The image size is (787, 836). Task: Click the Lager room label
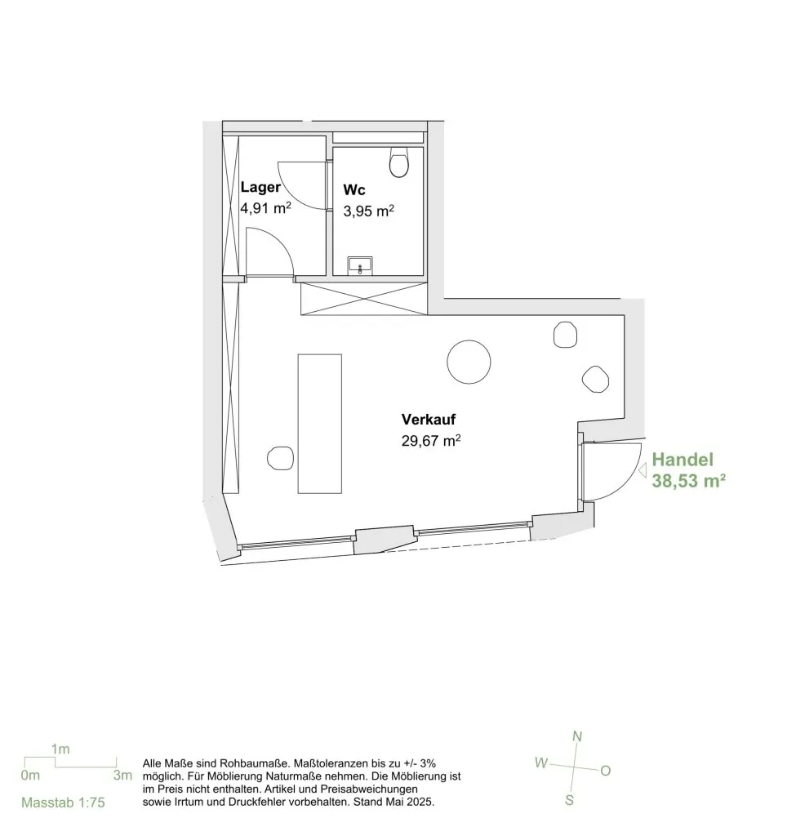[260, 187]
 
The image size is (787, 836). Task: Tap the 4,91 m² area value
[265, 207]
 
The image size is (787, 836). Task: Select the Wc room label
[354, 189]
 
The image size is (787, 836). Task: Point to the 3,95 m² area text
[368, 211]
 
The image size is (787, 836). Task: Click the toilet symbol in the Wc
[399, 162]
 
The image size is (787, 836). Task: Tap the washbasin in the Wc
[360, 265]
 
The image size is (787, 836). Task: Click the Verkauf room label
[429, 420]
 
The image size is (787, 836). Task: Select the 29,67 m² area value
[431, 441]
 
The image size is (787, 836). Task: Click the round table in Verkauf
[469, 362]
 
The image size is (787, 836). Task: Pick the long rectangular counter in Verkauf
[319, 424]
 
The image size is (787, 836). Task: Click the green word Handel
[683, 460]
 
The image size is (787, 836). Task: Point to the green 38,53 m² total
[688, 481]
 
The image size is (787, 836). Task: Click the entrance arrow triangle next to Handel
[642, 470]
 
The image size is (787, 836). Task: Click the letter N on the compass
[577, 736]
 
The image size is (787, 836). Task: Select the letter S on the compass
[570, 800]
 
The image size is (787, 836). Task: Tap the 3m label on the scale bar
[122, 776]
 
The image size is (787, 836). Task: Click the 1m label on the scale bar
[60, 749]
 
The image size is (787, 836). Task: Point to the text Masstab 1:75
[63, 802]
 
